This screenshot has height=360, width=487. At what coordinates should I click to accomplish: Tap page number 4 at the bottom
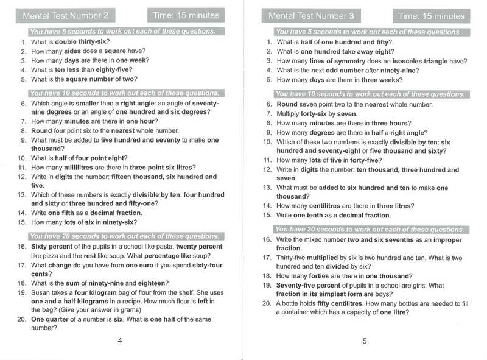[x=119, y=341]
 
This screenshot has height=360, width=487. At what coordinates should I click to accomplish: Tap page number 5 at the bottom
[x=364, y=341]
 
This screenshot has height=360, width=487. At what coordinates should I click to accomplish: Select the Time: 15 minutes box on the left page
[x=186, y=15]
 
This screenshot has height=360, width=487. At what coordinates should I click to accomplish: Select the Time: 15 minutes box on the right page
[x=432, y=16]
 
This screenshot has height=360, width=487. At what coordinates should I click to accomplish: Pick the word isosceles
[x=393, y=61]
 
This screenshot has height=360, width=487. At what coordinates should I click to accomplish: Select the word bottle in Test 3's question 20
[x=294, y=303]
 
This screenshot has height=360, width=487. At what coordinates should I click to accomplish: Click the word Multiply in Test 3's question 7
[x=290, y=114]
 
